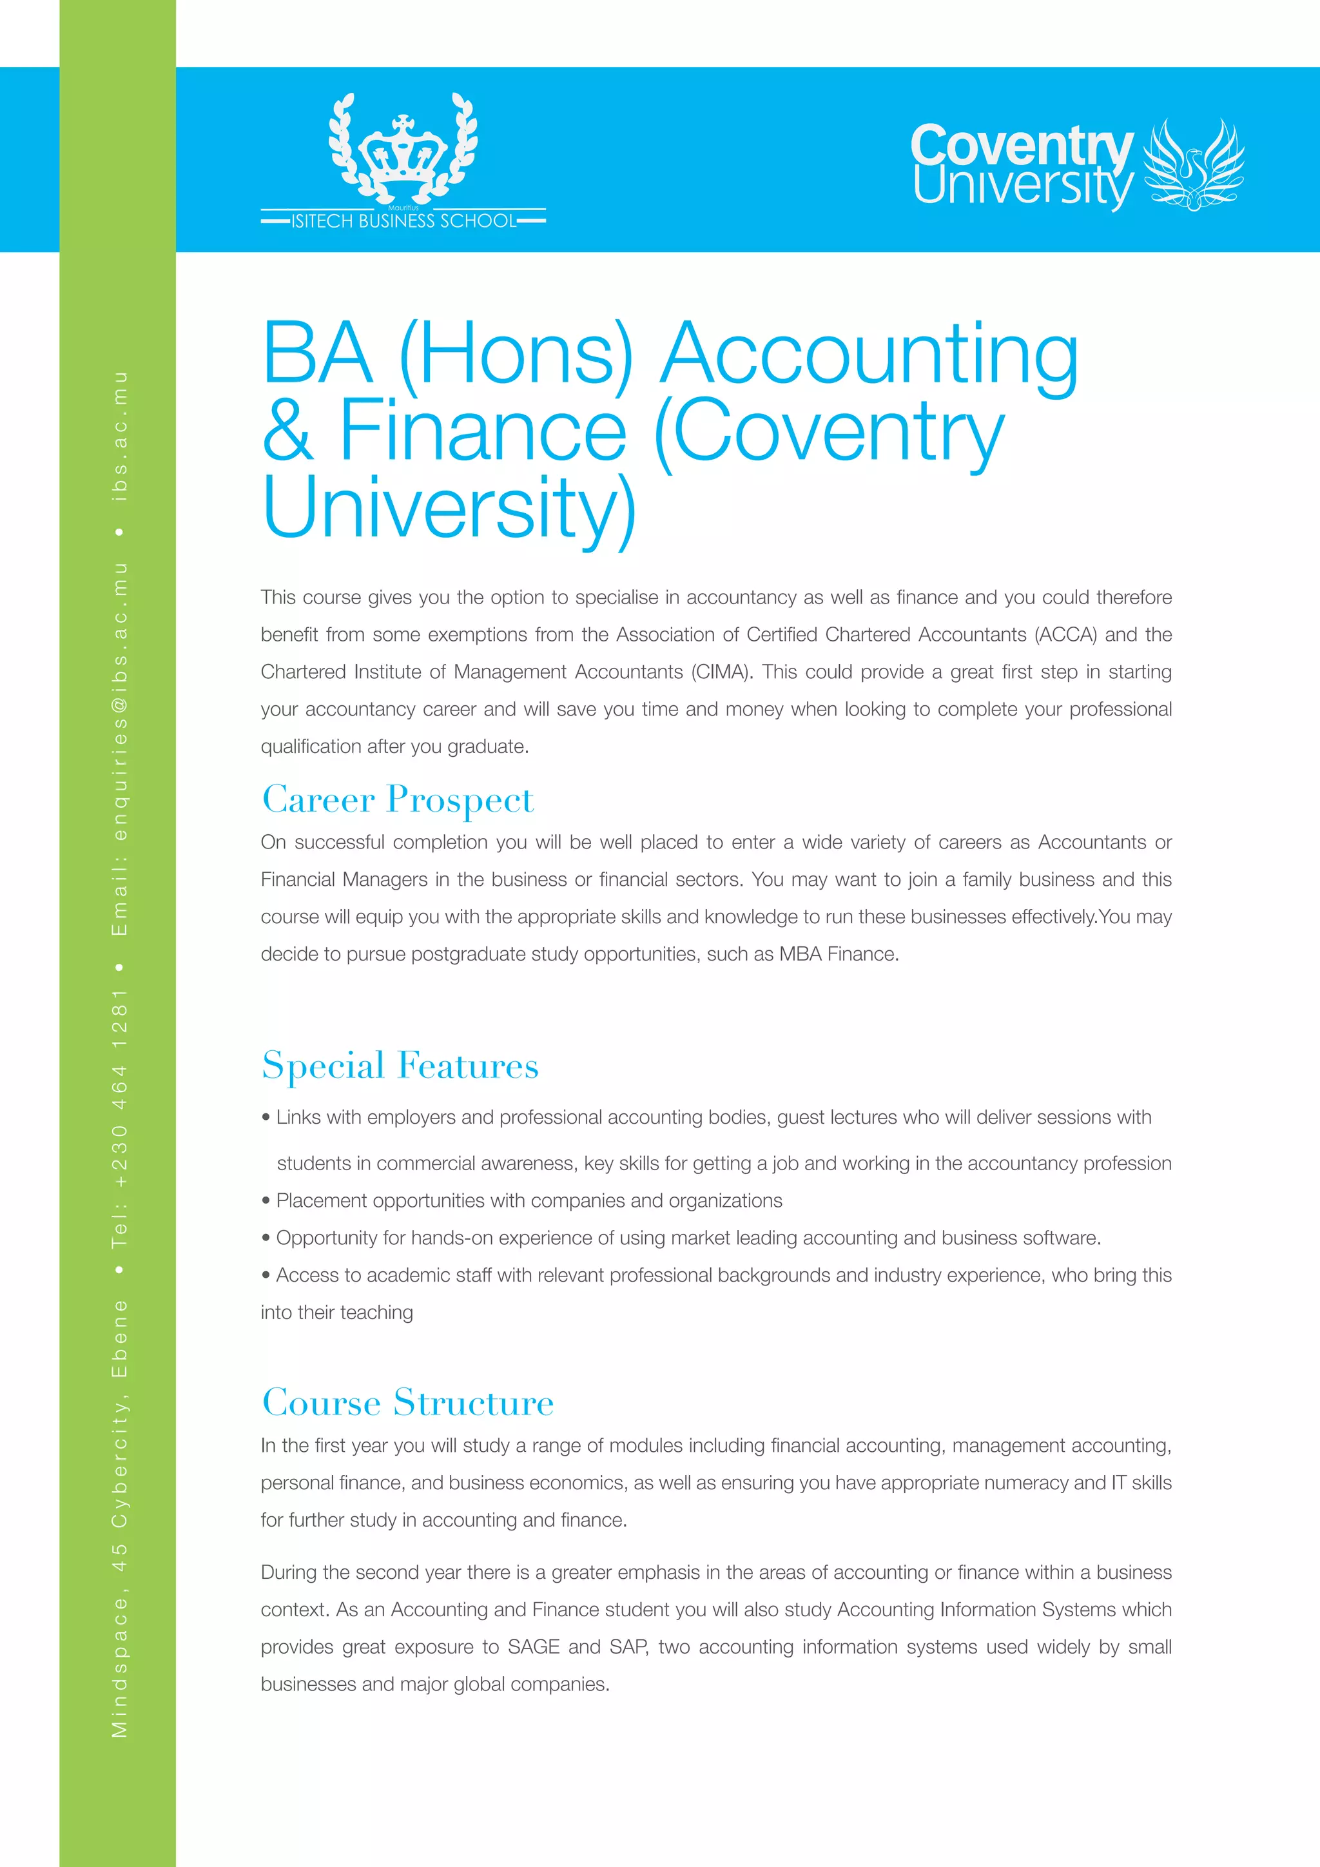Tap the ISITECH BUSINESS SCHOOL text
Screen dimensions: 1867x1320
click(403, 221)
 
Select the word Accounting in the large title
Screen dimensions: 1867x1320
click(869, 355)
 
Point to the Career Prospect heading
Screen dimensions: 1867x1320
click(398, 799)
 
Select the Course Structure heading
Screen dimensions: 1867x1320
click(408, 1403)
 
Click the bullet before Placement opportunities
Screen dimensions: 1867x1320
click(266, 1201)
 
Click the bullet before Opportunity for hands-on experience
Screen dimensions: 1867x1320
click(266, 1238)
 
